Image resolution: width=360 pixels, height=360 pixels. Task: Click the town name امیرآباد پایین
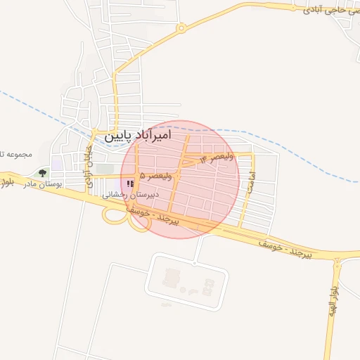147,135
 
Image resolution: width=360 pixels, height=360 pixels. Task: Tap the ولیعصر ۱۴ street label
217,159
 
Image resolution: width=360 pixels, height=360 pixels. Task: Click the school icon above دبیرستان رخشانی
129,184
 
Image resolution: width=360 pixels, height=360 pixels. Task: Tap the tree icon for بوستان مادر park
43,172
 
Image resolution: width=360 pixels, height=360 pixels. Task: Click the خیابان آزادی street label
89,166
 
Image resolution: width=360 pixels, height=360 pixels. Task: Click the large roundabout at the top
181,29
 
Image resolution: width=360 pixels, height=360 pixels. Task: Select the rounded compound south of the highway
186,281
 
